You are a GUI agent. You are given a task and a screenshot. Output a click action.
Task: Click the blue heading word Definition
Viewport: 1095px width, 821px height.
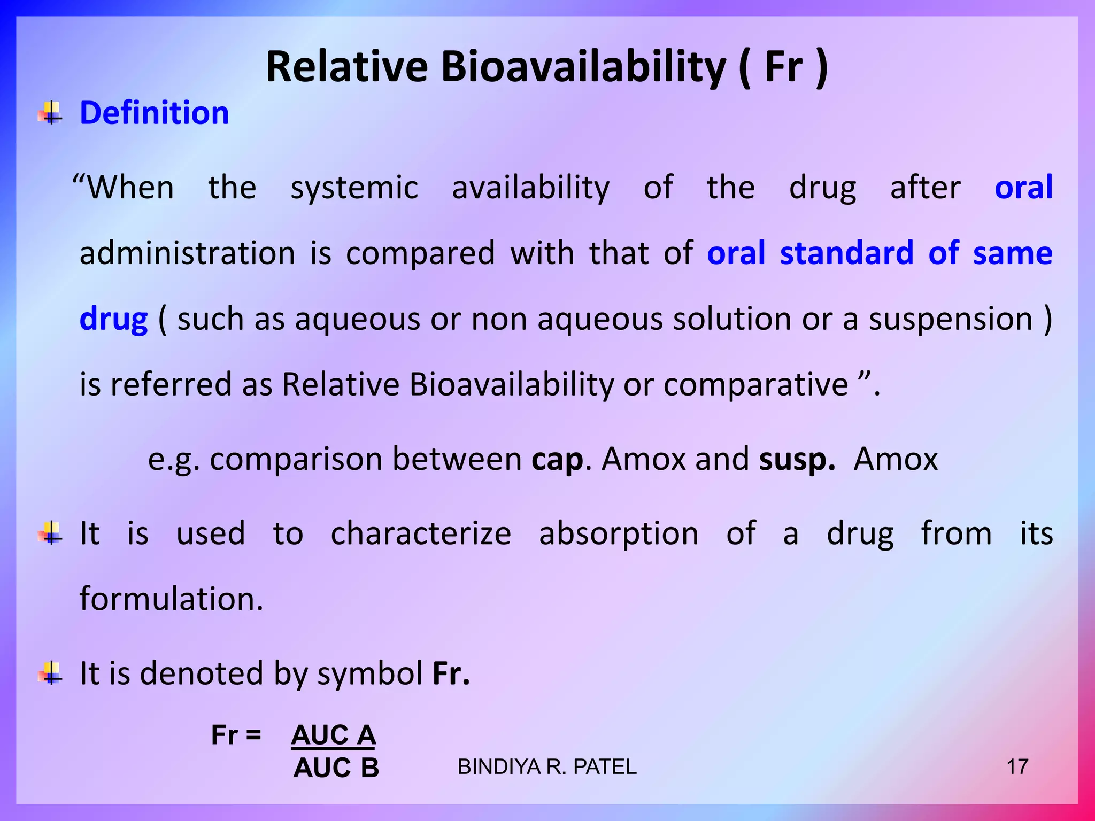tap(154, 113)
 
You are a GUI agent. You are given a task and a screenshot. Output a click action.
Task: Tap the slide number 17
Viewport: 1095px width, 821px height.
tap(1017, 767)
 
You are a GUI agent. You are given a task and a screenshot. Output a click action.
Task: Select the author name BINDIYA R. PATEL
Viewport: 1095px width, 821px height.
tap(547, 767)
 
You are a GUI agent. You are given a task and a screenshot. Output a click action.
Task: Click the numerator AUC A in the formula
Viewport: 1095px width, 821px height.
tap(333, 735)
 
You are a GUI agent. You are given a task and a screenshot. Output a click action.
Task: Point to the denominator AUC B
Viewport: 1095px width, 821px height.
tap(336, 768)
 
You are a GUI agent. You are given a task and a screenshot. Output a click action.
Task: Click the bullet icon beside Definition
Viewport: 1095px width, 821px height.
tap(50, 113)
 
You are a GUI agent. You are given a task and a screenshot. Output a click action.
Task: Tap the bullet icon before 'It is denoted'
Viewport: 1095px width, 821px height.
tap(50, 673)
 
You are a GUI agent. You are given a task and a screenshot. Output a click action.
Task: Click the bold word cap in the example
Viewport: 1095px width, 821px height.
tap(557, 460)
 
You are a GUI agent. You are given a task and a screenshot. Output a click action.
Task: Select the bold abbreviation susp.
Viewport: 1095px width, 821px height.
tap(797, 460)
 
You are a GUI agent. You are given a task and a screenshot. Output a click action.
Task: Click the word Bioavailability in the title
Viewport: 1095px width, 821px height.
tap(583, 67)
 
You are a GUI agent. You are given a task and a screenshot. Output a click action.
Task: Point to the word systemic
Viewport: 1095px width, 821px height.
tap(354, 188)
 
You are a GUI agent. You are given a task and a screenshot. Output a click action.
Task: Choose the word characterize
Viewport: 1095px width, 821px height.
tap(421, 533)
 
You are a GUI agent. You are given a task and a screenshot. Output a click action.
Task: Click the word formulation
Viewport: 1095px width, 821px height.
tap(171, 599)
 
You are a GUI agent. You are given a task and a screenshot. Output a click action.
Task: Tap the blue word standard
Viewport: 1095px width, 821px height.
tap(846, 253)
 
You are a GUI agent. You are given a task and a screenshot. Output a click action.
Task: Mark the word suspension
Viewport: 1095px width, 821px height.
tap(950, 320)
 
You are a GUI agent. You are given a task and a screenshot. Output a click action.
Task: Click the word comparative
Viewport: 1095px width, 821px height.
tap(755, 385)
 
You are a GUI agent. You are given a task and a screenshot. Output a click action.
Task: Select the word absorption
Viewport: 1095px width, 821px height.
tap(619, 533)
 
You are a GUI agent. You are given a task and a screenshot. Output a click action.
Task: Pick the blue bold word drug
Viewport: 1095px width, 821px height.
tap(113, 320)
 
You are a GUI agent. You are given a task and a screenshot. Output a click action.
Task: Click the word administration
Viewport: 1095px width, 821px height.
tap(187, 253)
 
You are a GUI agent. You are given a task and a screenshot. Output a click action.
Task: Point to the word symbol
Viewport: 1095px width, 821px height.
tap(370, 673)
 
